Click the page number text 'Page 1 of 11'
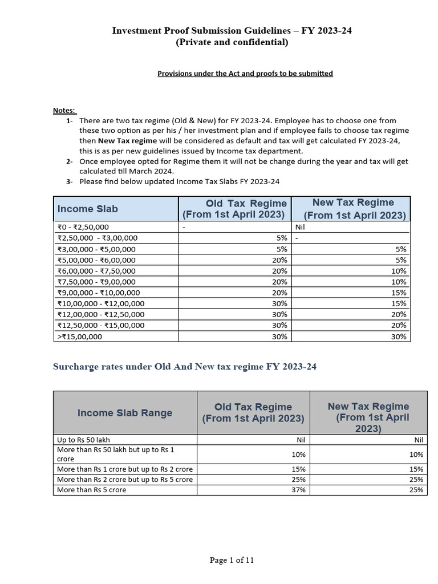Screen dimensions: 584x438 click(232, 560)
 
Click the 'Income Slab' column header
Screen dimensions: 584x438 click(87, 209)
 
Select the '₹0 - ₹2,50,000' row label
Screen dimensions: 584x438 click(83, 227)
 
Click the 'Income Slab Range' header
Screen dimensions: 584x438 click(124, 413)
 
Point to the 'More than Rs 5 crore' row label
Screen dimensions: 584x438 click(92, 490)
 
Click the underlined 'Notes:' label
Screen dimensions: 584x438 click(64, 110)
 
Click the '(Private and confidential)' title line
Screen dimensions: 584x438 click(232, 43)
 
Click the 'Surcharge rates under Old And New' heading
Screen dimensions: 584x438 click(185, 367)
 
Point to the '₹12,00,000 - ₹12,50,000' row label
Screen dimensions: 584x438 click(101, 314)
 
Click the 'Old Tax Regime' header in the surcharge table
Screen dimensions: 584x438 click(253, 412)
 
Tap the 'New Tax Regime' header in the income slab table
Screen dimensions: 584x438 click(353, 209)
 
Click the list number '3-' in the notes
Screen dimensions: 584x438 click(69, 182)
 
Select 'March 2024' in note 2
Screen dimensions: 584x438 click(151, 172)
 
